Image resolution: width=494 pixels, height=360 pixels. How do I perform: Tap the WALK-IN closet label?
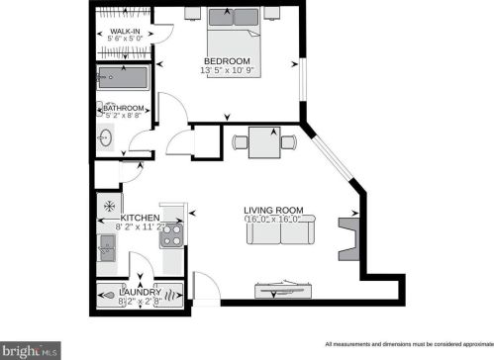pyautogui.click(x=124, y=32)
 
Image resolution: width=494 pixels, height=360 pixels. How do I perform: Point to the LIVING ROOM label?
pyautogui.click(x=274, y=210)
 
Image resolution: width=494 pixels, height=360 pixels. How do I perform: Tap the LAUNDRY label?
pyautogui.click(x=140, y=292)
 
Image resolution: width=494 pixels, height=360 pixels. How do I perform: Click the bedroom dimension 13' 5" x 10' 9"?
pyautogui.click(x=235, y=70)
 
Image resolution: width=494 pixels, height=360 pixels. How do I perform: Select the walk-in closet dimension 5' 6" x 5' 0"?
pyautogui.click(x=124, y=42)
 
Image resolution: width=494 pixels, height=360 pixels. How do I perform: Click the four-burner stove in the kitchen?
pyautogui.click(x=171, y=235)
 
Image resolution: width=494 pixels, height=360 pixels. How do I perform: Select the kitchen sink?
pyautogui.click(x=107, y=254)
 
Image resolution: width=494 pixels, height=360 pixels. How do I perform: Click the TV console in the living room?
pyautogui.click(x=285, y=289)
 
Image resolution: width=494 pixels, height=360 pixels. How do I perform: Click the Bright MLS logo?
pyautogui.click(x=31, y=349)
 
